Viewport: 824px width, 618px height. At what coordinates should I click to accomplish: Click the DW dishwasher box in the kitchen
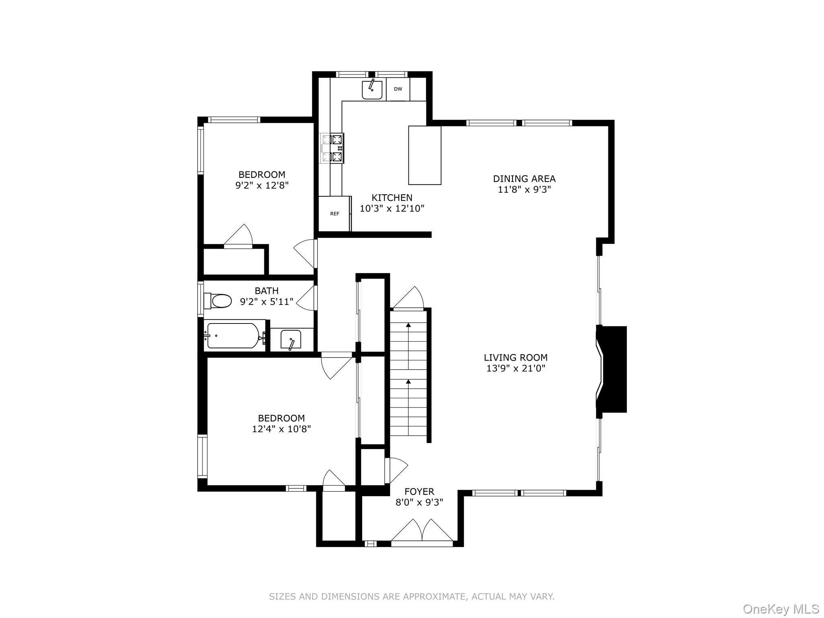coord(398,89)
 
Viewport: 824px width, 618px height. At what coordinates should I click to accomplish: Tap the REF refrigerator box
coord(334,214)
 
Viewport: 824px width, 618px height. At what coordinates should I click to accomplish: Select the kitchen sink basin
coord(372,90)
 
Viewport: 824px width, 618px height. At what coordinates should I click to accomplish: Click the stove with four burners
coord(332,148)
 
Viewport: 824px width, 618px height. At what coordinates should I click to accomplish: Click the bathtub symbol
coord(233,336)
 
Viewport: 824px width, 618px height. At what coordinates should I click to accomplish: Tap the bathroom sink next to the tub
coord(291,339)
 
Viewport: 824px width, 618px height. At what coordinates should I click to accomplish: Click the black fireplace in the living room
coord(613,369)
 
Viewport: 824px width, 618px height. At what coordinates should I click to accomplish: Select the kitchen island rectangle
coord(424,155)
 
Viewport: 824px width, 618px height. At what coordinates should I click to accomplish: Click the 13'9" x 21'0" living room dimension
coord(515,368)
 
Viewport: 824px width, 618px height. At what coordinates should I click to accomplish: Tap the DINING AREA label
coord(524,179)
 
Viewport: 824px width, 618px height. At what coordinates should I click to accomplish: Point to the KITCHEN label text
coord(391,198)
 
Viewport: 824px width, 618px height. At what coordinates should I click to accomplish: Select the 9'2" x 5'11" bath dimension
coord(266,302)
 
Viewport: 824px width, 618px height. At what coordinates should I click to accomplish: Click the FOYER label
coord(419,491)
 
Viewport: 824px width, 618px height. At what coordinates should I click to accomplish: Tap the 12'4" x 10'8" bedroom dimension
coord(281,429)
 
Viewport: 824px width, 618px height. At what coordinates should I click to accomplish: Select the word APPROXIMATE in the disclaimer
coord(435,597)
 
